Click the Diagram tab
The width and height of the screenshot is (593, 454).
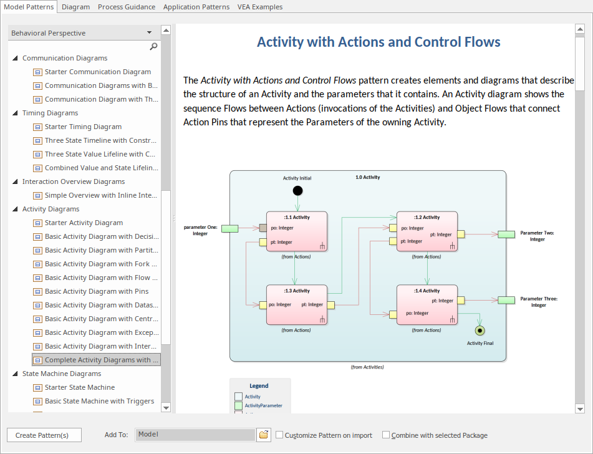click(x=76, y=7)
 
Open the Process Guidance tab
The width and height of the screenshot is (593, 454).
click(x=127, y=7)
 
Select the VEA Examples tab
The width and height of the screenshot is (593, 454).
click(x=259, y=7)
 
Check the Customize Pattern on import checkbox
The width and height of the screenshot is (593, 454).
click(x=279, y=435)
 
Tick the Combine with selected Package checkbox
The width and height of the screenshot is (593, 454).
click(x=386, y=435)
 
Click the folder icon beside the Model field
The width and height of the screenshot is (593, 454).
click(x=264, y=435)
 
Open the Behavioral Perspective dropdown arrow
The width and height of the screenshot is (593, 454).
click(x=149, y=32)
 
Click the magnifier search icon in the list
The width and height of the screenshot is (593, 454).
click(x=153, y=46)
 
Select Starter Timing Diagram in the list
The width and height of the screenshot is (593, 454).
click(x=83, y=127)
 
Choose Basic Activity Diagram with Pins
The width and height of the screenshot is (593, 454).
click(x=97, y=291)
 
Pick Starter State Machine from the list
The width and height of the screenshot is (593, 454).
click(x=80, y=387)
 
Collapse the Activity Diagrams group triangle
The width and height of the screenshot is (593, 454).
click(x=15, y=210)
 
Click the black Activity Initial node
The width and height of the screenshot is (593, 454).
click(x=297, y=190)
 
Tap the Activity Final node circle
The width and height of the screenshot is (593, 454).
click(x=480, y=331)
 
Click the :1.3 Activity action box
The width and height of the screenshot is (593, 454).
click(x=297, y=304)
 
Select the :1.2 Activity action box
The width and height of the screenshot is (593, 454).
click(x=427, y=231)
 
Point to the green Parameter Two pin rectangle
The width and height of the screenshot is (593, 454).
click(x=506, y=234)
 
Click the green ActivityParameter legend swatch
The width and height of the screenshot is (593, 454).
click(x=238, y=405)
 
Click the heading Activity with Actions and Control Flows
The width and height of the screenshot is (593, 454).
click(x=378, y=42)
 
